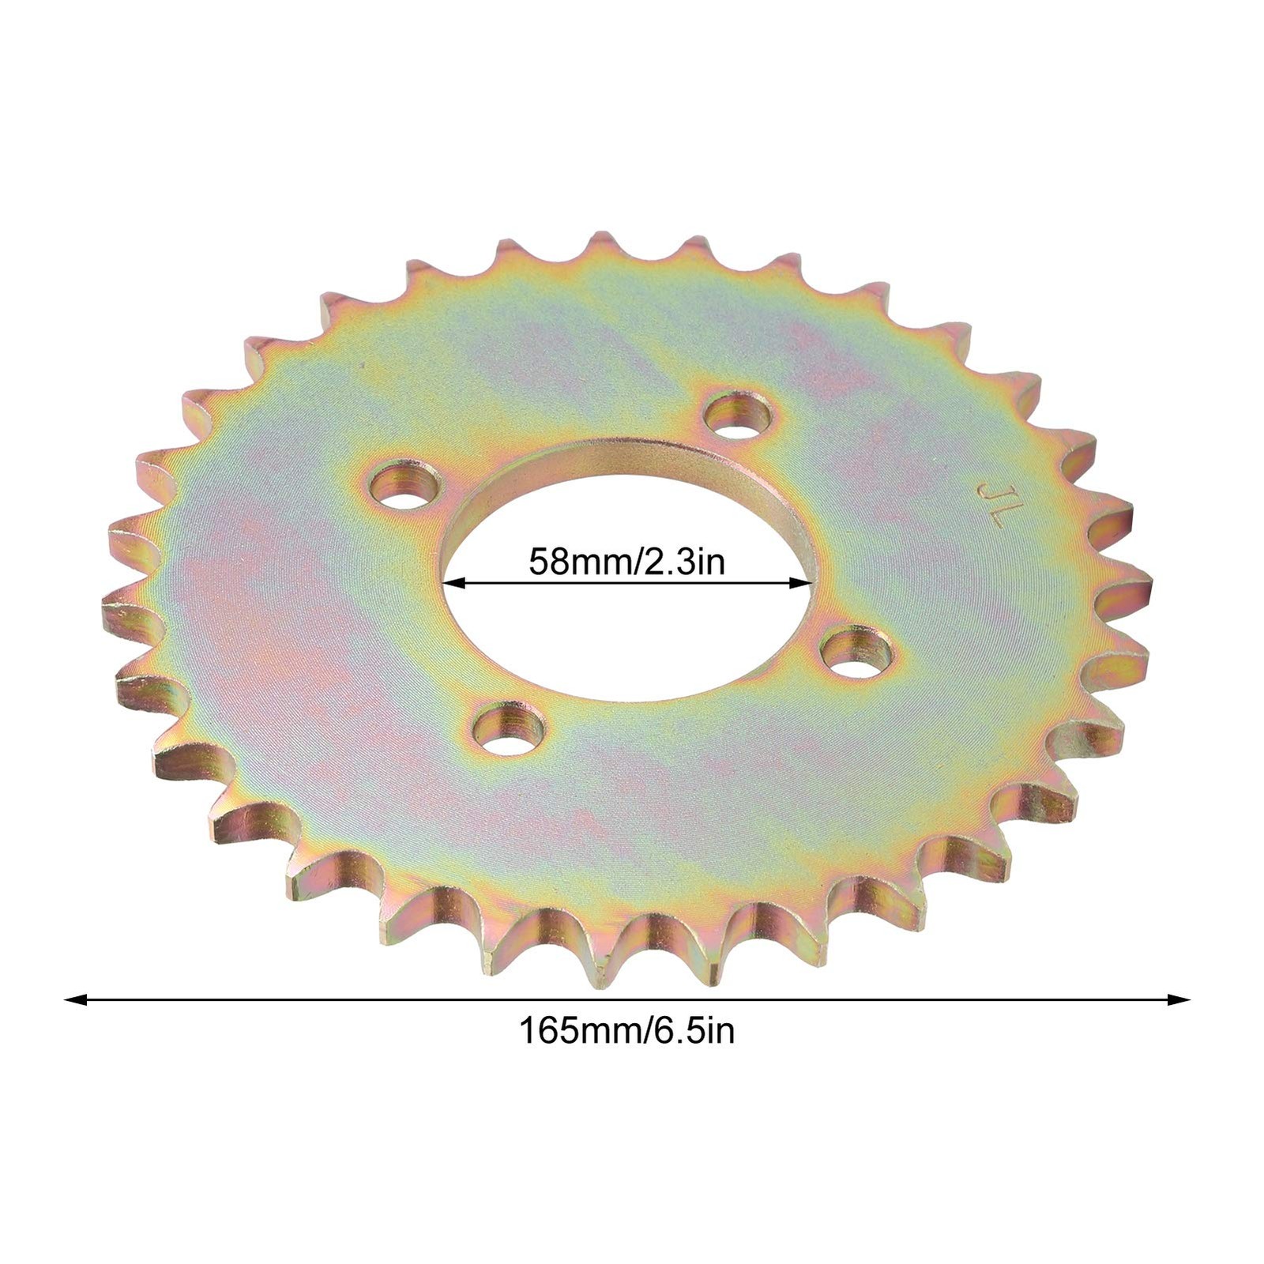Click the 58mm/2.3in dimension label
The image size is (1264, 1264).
click(626, 562)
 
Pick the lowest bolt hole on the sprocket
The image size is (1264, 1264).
click(510, 728)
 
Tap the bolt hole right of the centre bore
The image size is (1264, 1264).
click(856, 651)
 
